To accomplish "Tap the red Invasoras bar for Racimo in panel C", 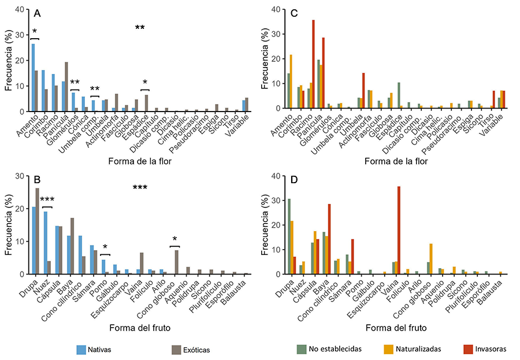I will point(313,64).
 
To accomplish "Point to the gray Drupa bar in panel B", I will point(37,231).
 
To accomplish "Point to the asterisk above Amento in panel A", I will point(35,32).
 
